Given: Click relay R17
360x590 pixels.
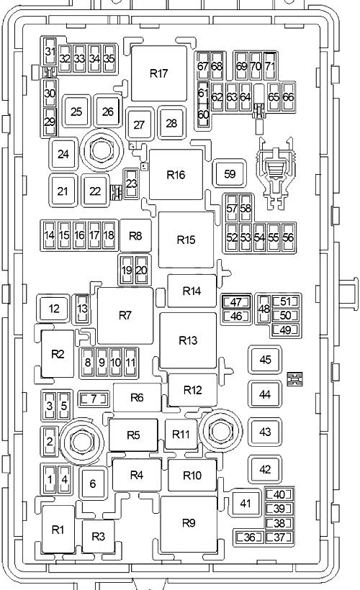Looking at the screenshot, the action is [x=159, y=73].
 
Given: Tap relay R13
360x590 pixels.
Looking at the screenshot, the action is [x=188, y=340].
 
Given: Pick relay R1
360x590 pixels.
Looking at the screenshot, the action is [x=58, y=530].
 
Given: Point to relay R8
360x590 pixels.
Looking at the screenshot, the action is [x=135, y=236].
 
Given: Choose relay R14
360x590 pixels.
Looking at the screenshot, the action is [x=192, y=291].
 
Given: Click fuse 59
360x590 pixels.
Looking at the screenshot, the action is [x=230, y=173].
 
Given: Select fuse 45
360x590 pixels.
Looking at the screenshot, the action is [x=265, y=360].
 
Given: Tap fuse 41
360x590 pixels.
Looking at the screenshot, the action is [x=246, y=503].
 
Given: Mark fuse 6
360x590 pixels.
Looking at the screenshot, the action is [x=93, y=484].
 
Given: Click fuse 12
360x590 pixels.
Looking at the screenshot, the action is [x=54, y=309].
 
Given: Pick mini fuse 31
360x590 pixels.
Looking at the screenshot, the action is [x=50, y=52].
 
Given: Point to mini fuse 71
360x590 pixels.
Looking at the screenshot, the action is [x=270, y=66].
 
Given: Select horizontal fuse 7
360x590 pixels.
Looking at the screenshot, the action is [x=94, y=399].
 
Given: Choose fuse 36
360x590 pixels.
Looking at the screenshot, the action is [x=249, y=537].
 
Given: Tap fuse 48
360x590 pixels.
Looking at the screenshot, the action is [x=264, y=309].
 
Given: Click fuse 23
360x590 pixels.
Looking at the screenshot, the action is [x=132, y=183].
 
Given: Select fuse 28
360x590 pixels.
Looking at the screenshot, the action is [x=171, y=123].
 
